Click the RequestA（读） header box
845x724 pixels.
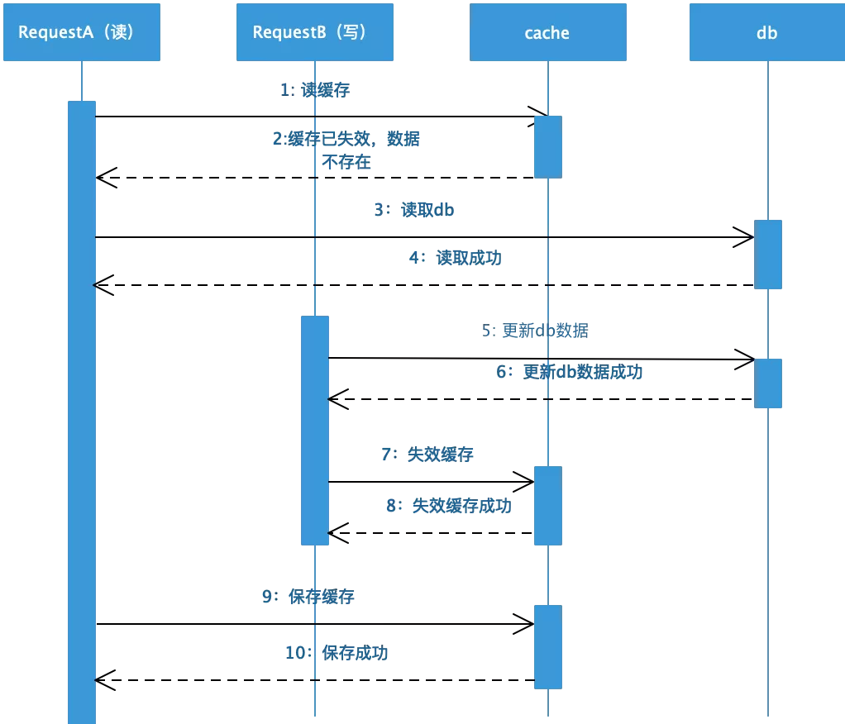point(81,32)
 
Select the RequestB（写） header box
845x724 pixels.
point(314,32)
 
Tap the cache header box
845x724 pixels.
point(547,32)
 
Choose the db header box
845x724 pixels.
point(766,32)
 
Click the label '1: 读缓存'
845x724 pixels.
point(314,90)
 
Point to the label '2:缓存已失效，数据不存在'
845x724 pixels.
point(346,150)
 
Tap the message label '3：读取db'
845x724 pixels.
point(413,210)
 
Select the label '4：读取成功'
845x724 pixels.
point(455,258)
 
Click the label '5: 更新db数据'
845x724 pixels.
point(535,331)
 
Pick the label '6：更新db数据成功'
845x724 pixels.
point(569,372)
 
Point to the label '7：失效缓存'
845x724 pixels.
point(427,454)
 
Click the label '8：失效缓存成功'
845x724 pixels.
point(448,506)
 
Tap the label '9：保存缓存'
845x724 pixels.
point(308,596)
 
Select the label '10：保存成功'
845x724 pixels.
point(337,653)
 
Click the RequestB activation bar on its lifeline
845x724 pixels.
point(314,430)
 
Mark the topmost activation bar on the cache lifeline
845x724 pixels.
point(547,146)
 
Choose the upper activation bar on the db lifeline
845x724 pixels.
point(767,254)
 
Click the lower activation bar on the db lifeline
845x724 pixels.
point(767,383)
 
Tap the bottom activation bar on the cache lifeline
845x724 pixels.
point(547,646)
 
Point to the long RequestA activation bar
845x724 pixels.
point(82,413)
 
